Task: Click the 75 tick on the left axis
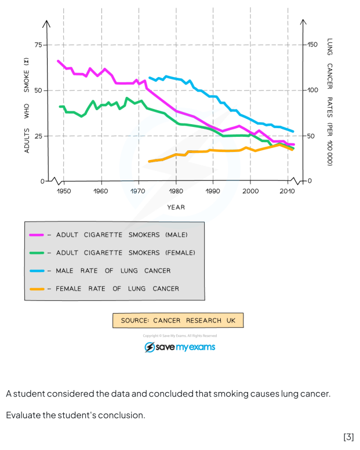click(38, 45)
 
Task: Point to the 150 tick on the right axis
click(312, 45)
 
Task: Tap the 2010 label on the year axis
click(288, 191)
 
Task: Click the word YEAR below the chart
click(176, 207)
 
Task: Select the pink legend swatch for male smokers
click(37, 235)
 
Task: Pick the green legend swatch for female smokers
click(37, 253)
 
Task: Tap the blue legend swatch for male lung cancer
click(37, 271)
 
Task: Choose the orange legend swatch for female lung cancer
click(37, 289)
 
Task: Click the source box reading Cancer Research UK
click(178, 321)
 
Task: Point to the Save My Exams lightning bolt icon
click(150, 347)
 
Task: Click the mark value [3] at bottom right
click(348, 437)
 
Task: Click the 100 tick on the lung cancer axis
click(312, 90)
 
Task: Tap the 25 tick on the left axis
click(38, 136)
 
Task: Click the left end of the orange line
click(150, 161)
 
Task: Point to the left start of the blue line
click(150, 77)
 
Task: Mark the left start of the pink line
click(58, 60)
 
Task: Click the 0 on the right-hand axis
click(309, 181)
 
